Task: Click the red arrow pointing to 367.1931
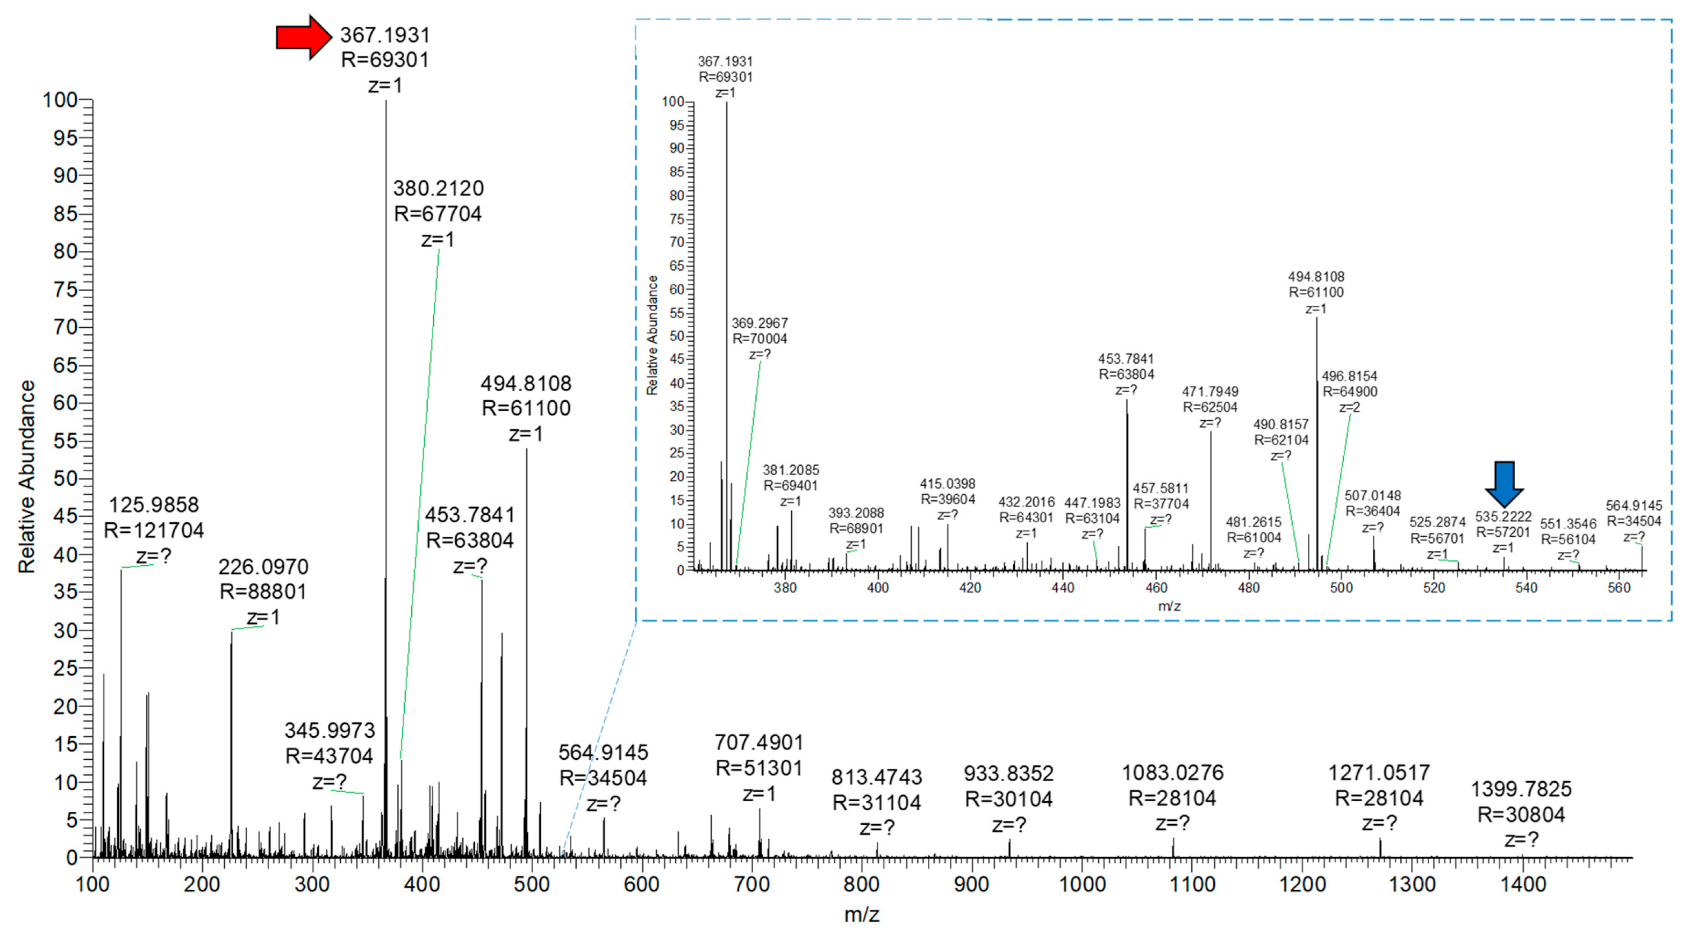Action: pyautogui.click(x=303, y=37)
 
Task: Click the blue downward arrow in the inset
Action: pyautogui.click(x=1504, y=484)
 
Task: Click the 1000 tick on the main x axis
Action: pyautogui.click(x=1082, y=884)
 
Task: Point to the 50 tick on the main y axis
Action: pyautogui.click(x=66, y=478)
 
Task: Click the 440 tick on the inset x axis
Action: pyautogui.click(x=1063, y=587)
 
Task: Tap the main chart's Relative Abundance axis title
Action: pyautogui.click(x=27, y=477)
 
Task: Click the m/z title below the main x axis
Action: pyautogui.click(x=861, y=915)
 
